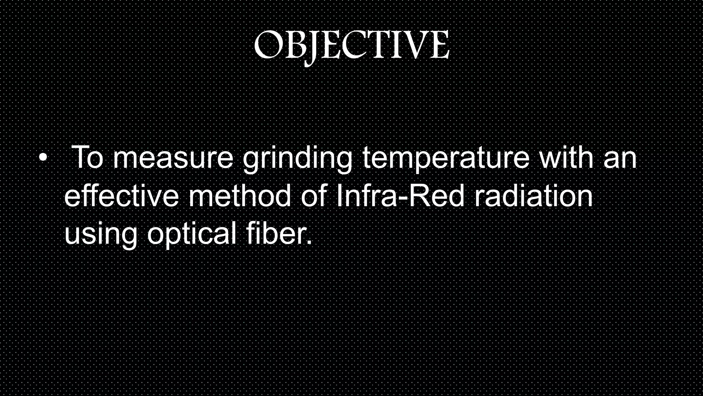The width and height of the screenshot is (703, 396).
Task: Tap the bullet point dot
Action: click(43, 158)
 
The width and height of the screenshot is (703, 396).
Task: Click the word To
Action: click(88, 158)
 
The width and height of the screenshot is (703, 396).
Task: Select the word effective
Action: click(122, 196)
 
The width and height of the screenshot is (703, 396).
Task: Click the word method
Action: click(240, 196)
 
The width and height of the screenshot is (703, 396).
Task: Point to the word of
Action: click(313, 196)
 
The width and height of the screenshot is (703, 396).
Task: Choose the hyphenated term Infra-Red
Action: click(400, 196)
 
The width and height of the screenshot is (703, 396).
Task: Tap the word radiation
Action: click(533, 196)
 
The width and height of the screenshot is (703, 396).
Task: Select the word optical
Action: click(192, 234)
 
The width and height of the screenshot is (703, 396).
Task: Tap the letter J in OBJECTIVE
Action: click(311, 48)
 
